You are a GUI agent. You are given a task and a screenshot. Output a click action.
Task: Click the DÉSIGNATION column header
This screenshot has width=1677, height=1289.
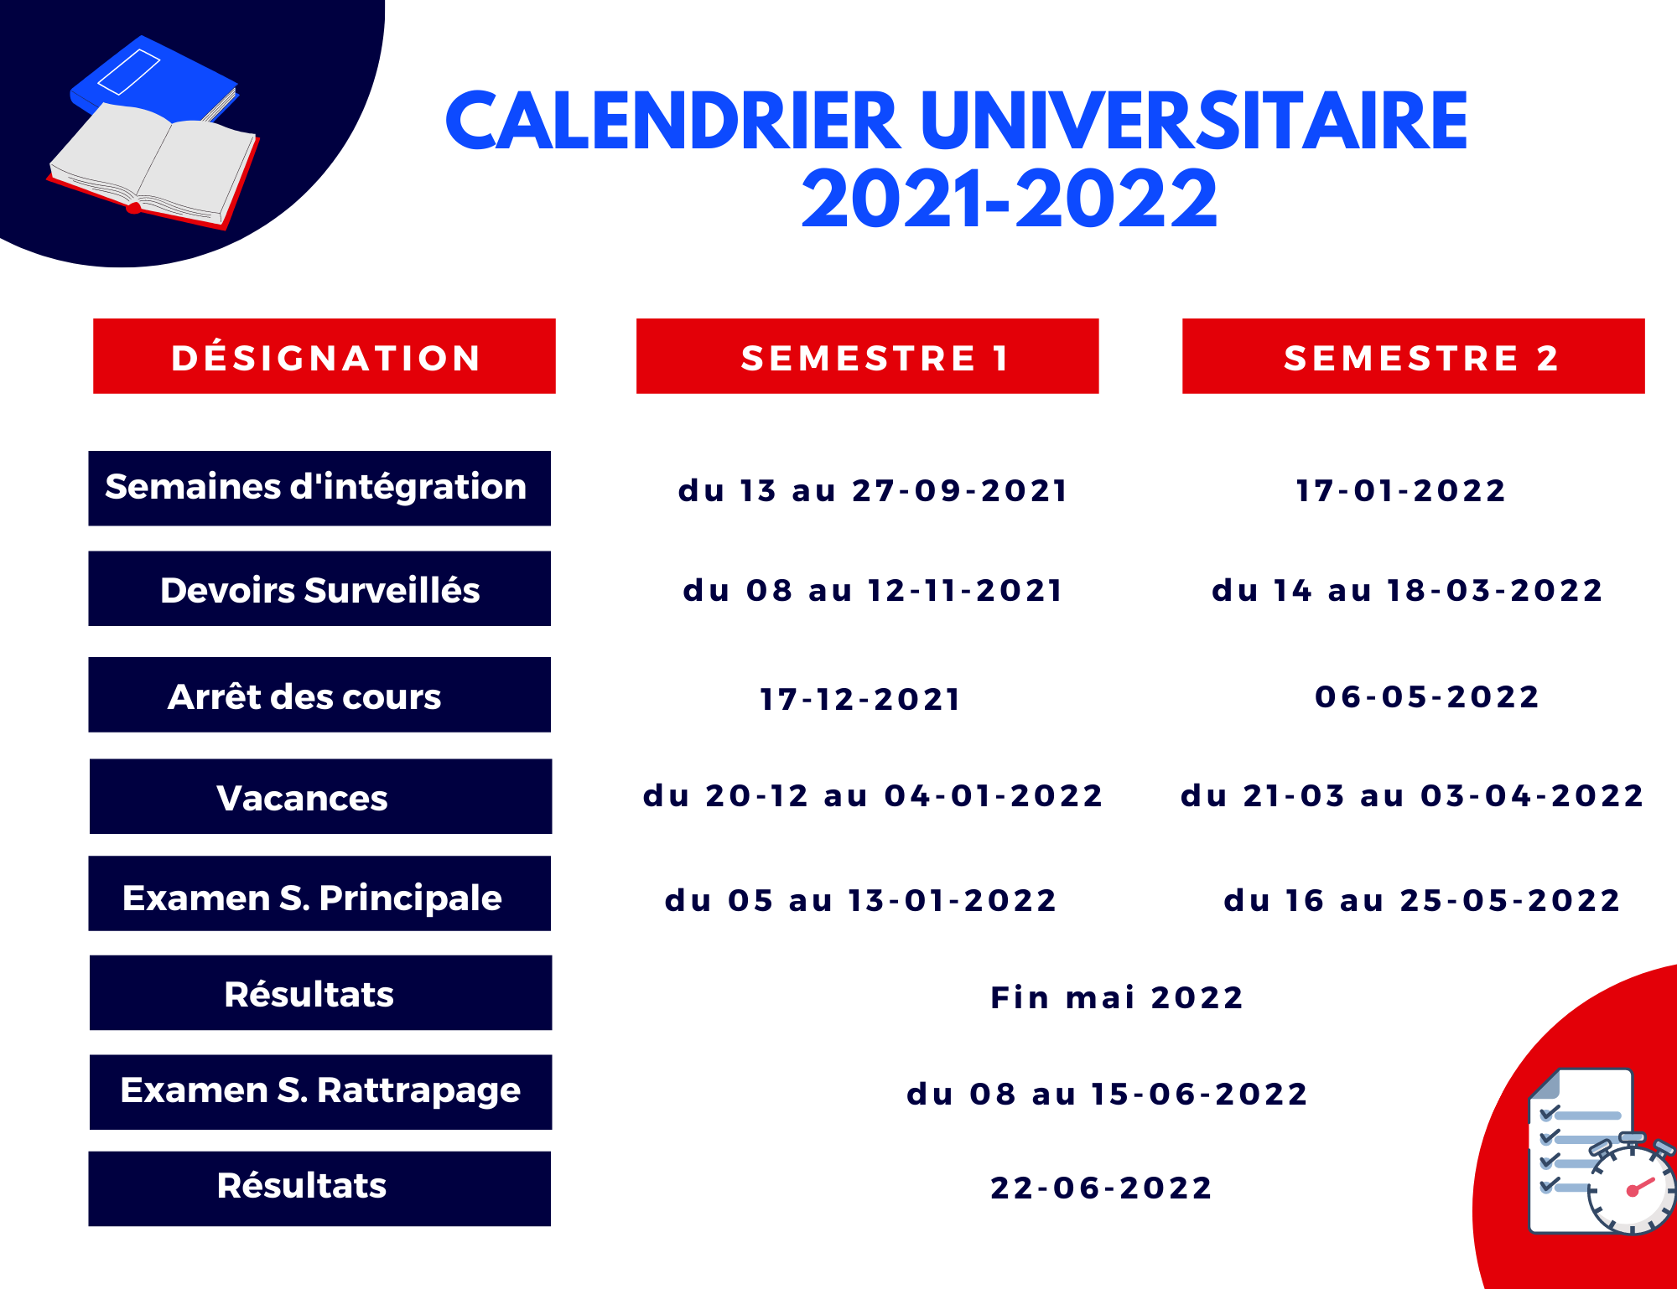pyautogui.click(x=324, y=356)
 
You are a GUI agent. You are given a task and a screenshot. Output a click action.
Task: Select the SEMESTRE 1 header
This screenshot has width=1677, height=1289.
pyautogui.click(x=868, y=356)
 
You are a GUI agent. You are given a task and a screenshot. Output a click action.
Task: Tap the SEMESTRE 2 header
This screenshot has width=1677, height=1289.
pyautogui.click(x=1414, y=356)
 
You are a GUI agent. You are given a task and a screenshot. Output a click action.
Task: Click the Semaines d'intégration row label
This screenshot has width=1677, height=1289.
pyautogui.click(x=319, y=489)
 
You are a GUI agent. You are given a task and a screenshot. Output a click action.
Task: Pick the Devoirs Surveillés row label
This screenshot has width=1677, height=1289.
pyautogui.click(x=319, y=588)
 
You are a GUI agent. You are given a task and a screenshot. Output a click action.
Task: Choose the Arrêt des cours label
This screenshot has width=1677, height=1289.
pyautogui.click(x=319, y=695)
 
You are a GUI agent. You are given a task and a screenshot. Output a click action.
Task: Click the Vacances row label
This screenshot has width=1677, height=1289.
pyautogui.click(x=320, y=796)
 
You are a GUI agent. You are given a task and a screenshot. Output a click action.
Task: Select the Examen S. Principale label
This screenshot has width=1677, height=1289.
pyautogui.click(x=319, y=893)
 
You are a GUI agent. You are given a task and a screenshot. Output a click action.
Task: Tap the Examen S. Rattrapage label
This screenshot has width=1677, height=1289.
pyautogui.click(x=320, y=1092)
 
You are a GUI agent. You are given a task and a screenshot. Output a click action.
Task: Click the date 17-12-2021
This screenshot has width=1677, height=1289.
pyautogui.click(x=860, y=699)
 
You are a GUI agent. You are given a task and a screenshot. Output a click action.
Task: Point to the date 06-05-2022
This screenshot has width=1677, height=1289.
pyautogui.click(x=1427, y=696)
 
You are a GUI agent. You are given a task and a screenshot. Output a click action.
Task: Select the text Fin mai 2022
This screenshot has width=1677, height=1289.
pyautogui.click(x=1117, y=997)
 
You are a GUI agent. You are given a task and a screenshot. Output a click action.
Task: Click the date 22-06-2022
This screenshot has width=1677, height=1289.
pyautogui.click(x=1102, y=1188)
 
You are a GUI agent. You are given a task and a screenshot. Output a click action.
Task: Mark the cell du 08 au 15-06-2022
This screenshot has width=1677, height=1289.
pyautogui.click(x=1108, y=1094)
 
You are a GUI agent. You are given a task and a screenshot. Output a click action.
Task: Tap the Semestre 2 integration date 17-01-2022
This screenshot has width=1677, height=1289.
pyautogui.click(x=1401, y=490)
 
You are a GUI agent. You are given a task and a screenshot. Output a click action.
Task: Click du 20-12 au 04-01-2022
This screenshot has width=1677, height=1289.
pyautogui.click(x=873, y=795)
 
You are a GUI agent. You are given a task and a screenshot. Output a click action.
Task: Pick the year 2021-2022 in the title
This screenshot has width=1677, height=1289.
pyautogui.click(x=1010, y=199)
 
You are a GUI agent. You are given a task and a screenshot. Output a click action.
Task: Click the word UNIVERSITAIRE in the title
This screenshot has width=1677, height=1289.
pyautogui.click(x=1194, y=121)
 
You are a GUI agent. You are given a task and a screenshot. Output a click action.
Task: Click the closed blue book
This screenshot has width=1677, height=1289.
pyautogui.click(x=155, y=80)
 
